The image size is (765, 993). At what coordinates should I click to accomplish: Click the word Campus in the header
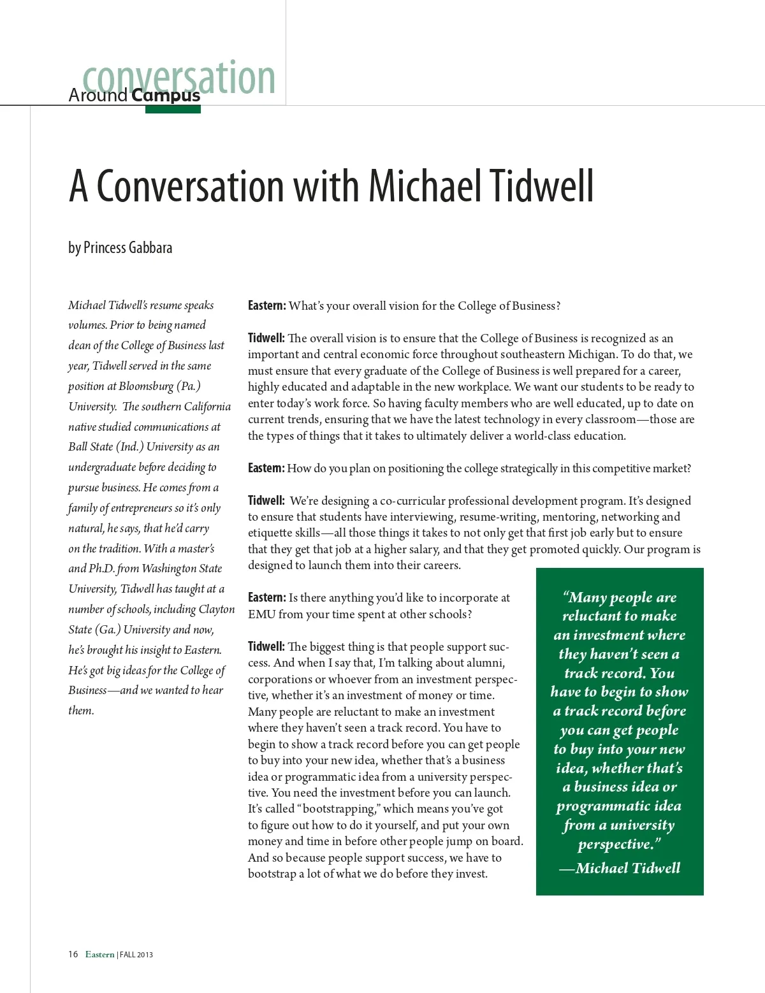(166, 96)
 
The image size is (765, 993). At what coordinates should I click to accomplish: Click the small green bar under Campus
(173, 110)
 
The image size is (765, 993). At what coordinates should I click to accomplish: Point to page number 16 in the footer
(73, 954)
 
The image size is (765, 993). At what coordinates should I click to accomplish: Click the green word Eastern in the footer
(100, 954)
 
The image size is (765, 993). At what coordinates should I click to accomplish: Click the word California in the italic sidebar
(207, 407)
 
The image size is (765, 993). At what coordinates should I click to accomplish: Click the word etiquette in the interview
(270, 533)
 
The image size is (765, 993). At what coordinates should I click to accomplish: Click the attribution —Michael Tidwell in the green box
(620, 868)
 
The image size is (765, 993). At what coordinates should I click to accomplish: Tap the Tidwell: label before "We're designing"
(266, 501)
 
